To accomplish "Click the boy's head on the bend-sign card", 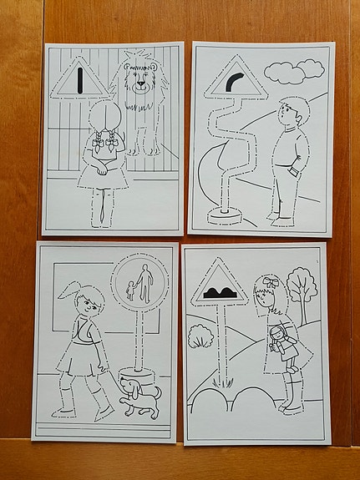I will [x=292, y=112].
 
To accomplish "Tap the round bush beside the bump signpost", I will [x=200, y=337].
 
